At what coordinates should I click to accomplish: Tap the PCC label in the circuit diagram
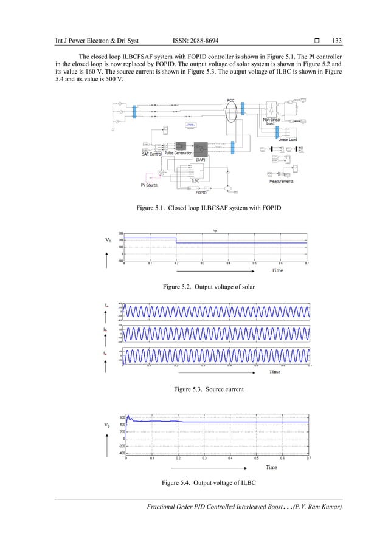(230, 99)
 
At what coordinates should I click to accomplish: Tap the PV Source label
(151, 183)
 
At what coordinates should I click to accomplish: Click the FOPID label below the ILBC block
(201, 193)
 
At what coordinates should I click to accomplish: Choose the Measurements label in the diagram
(282, 181)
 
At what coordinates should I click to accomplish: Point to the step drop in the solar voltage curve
(176, 241)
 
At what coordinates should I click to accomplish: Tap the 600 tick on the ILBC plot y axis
(122, 417)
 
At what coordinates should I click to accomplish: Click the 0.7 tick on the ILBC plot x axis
(308, 459)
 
